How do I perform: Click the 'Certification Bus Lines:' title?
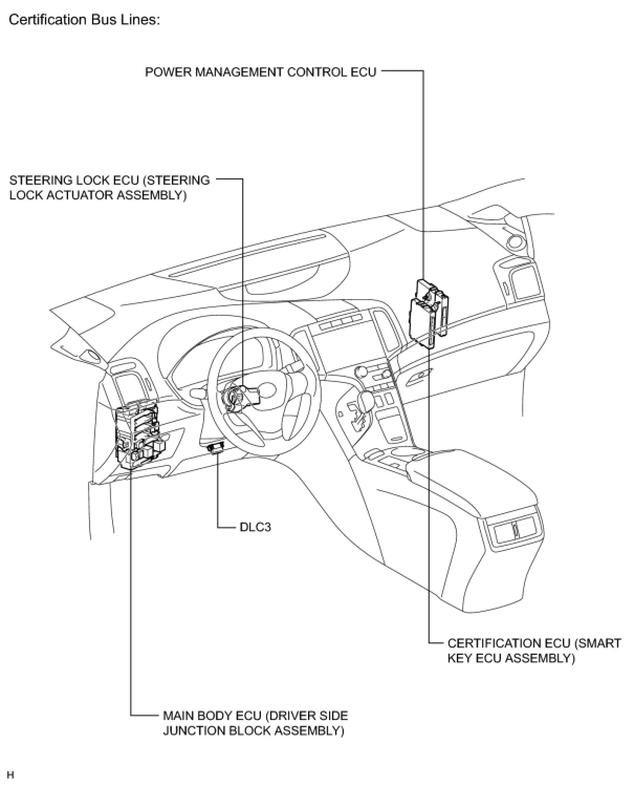click(84, 20)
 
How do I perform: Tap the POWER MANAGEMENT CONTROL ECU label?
click(260, 72)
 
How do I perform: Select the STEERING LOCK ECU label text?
click(110, 188)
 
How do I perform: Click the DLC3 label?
click(255, 526)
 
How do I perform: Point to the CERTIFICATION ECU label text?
click(534, 651)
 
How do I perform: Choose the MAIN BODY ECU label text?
click(255, 723)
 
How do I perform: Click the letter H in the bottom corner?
click(11, 775)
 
